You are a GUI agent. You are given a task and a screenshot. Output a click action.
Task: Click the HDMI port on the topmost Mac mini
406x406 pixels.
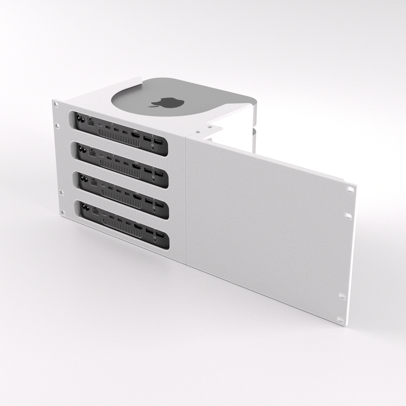click(136, 136)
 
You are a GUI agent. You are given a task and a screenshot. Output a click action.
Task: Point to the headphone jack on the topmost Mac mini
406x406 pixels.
click(153, 146)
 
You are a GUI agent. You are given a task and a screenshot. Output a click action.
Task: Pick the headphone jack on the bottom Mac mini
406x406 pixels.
click(155, 239)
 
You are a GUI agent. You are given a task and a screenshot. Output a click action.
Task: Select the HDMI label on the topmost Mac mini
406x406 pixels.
click(135, 131)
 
